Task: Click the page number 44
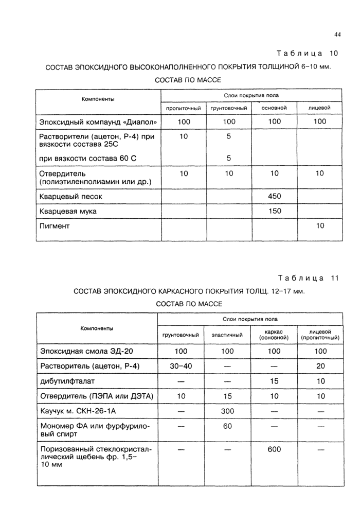click(x=337, y=34)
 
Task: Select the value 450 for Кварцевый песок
click(x=274, y=196)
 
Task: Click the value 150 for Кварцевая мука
click(x=274, y=211)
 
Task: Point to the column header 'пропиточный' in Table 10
click(x=183, y=108)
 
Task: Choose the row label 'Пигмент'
click(x=55, y=226)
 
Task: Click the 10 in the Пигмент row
click(x=320, y=226)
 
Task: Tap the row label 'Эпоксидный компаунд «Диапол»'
click(x=98, y=122)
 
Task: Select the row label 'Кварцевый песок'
click(x=71, y=196)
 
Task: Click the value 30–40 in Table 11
click(x=181, y=366)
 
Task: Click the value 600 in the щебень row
click(x=274, y=449)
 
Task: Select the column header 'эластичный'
click(x=227, y=335)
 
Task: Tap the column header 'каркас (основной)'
click(x=274, y=335)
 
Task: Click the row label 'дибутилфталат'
click(x=67, y=381)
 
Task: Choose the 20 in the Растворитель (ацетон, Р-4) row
click(x=321, y=366)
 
